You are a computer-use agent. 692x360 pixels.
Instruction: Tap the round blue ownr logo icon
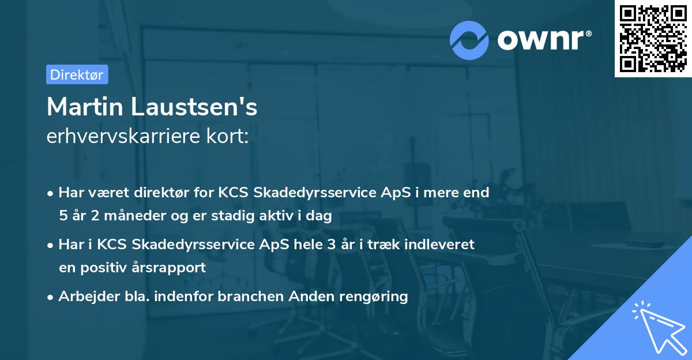469,40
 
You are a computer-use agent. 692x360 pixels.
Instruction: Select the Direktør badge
77,74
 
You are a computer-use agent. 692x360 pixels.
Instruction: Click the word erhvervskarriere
120,137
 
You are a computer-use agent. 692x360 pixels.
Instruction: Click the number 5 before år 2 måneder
63,216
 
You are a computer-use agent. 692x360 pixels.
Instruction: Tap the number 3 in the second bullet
330,244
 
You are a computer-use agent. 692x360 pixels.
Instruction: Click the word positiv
107,268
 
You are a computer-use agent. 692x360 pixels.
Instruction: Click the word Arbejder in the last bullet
84,297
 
